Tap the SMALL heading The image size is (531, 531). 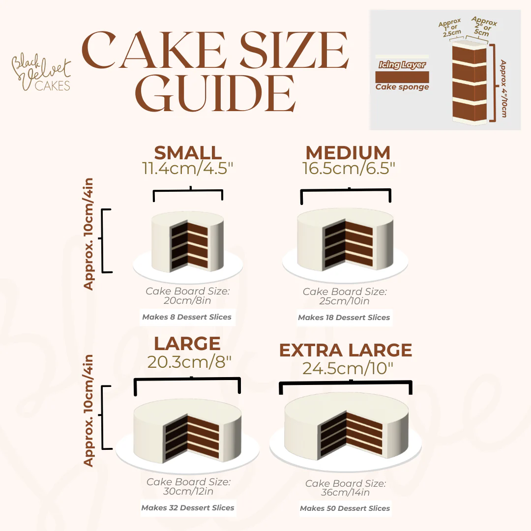(x=188, y=153)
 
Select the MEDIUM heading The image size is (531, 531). (x=348, y=153)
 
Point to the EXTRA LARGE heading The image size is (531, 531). (x=346, y=351)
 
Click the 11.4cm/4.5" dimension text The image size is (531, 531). (x=188, y=169)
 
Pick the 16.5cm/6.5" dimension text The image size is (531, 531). (x=348, y=169)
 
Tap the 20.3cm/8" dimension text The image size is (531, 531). (x=189, y=362)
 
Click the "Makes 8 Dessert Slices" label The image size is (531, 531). (x=187, y=317)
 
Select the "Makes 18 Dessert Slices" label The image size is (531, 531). (x=344, y=318)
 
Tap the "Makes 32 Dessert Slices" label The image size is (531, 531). (x=188, y=508)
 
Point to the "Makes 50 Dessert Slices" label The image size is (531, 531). (x=345, y=508)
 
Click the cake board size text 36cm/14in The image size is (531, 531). (x=345, y=493)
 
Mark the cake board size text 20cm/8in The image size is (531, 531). (x=188, y=301)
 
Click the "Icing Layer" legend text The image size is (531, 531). (x=402, y=65)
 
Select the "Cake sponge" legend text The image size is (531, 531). (x=402, y=87)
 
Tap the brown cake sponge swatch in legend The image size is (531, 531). (x=402, y=77)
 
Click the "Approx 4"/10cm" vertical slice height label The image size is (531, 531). (x=503, y=88)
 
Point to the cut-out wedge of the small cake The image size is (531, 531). (x=190, y=245)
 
